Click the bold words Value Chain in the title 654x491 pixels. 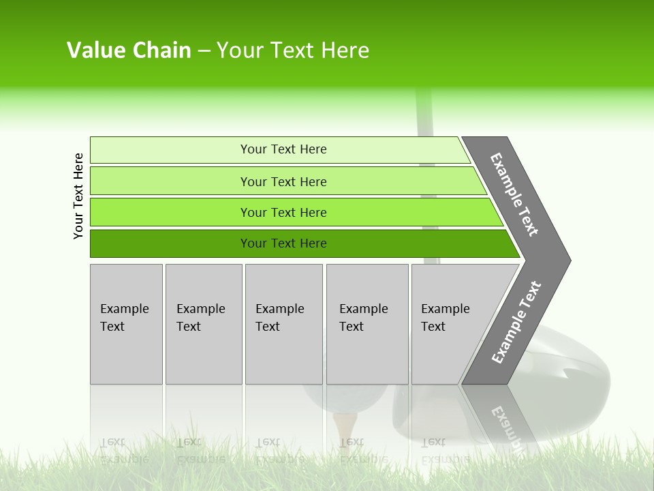(x=129, y=50)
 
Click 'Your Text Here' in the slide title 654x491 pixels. (x=292, y=50)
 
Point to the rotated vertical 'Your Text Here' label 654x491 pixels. (x=78, y=196)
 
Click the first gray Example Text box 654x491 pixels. (x=126, y=324)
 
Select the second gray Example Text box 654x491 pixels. (x=204, y=324)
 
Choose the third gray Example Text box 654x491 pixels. (x=283, y=324)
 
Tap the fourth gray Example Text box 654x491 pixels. (x=367, y=324)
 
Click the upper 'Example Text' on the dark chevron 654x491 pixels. (x=514, y=194)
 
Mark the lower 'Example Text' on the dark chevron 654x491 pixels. (x=516, y=323)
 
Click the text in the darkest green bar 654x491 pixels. (x=283, y=243)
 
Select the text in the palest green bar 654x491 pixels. (x=283, y=149)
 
